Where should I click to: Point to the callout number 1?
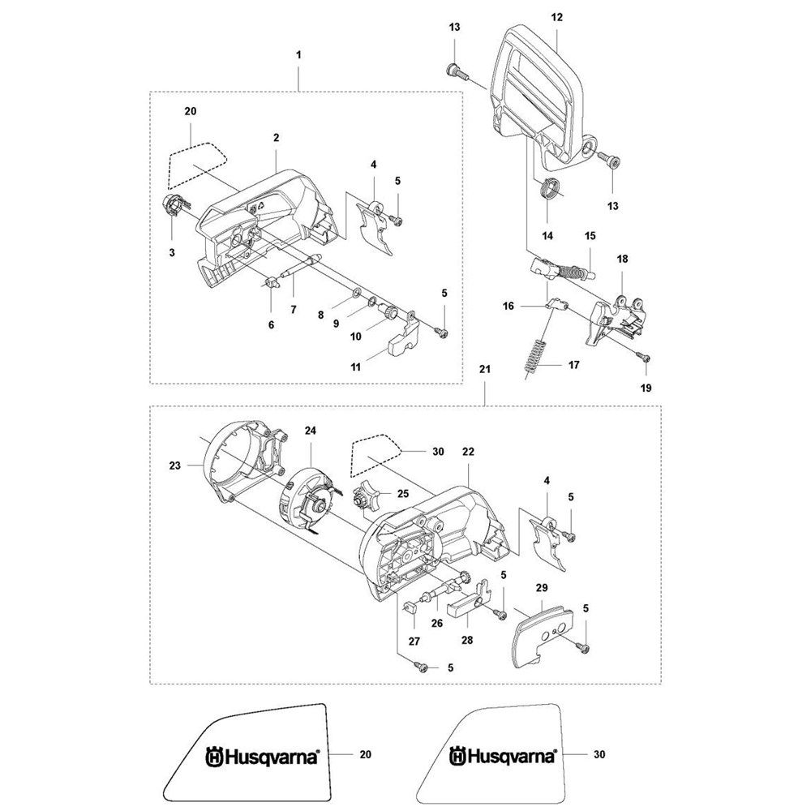298,54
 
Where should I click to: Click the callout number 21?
485,370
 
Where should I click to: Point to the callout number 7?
294,309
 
